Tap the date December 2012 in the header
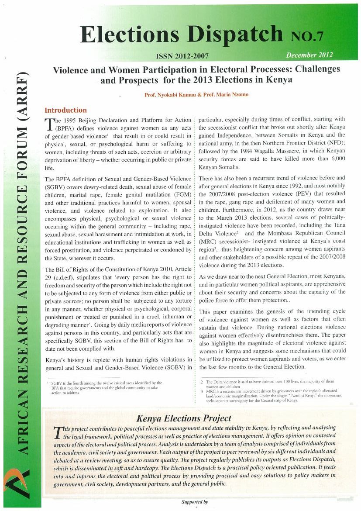pos(309,55)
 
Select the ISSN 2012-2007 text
pos(182,56)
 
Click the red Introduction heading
pos(65,110)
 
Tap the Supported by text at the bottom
pos(195,502)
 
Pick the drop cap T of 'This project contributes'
pos(57,433)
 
